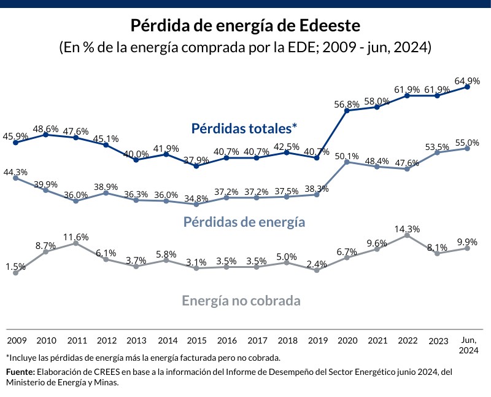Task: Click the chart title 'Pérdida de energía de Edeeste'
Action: [245, 26]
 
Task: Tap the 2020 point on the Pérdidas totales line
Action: [347, 111]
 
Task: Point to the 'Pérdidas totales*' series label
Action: [244, 128]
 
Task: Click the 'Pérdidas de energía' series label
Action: [244, 222]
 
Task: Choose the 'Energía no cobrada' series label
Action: [241, 301]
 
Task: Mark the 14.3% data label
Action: [407, 229]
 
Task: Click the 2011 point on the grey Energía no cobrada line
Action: [75, 243]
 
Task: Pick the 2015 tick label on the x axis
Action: [196, 340]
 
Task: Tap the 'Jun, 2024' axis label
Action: [468, 344]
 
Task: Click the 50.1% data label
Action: [347, 155]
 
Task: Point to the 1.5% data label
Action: [15, 267]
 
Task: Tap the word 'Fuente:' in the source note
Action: [20, 372]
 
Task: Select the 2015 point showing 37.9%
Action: [196, 166]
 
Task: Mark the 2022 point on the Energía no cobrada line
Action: [407, 235]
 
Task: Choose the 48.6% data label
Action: [45, 128]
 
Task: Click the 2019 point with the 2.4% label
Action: [317, 270]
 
